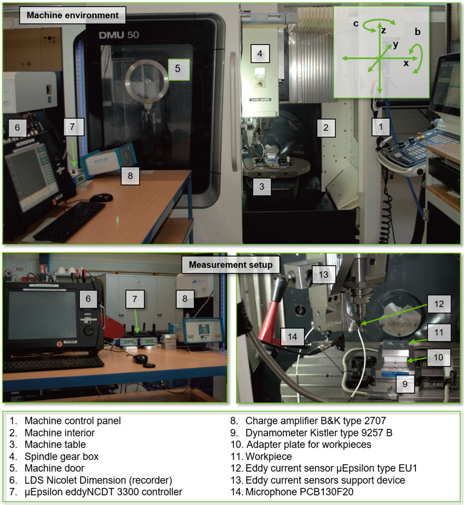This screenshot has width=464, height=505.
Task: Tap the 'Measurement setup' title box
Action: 230,265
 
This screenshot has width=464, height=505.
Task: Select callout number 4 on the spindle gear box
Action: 260,53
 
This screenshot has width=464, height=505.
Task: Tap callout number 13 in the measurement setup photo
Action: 323,274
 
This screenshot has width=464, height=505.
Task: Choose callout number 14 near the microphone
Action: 292,336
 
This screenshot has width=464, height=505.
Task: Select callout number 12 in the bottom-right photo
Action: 439,304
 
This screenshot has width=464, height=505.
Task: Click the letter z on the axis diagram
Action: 383,31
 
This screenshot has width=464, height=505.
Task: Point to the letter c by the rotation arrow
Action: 356,23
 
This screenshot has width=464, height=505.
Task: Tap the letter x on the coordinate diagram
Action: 406,63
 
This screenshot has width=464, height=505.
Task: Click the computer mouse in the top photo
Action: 101,197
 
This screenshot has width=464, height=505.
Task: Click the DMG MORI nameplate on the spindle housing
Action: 260,100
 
